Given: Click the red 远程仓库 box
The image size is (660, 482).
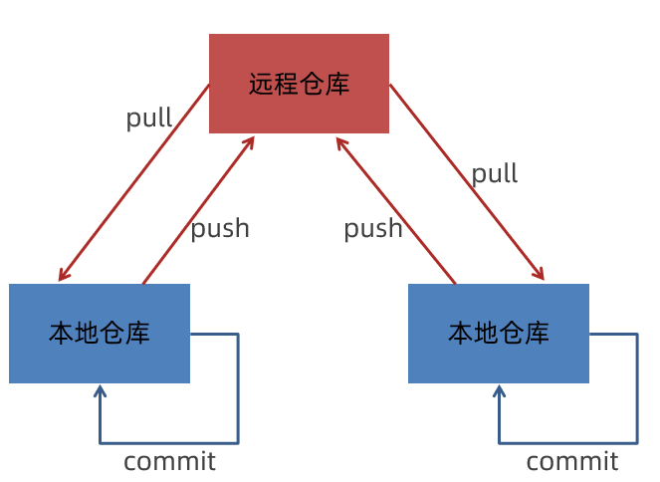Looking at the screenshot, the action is tap(299, 84).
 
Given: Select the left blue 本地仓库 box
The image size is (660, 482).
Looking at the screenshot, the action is tap(100, 334).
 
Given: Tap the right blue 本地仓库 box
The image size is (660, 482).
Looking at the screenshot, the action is tap(499, 334).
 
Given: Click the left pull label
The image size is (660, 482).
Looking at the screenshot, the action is tap(149, 119).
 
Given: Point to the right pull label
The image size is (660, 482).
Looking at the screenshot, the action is tap(495, 174).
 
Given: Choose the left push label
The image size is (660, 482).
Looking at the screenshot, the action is tap(220, 229).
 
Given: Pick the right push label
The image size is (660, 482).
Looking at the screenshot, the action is tap(373, 229).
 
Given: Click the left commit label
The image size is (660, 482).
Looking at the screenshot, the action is tap(169, 461).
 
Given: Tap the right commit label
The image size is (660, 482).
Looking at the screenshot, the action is tap(572, 461).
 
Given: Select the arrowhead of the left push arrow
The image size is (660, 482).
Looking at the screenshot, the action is tap(251, 140).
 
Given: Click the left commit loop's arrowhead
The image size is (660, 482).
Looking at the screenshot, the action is tap(100, 389).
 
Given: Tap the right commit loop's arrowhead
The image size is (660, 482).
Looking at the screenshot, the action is tap(499, 389).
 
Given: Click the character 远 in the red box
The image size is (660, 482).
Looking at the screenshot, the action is tap(261, 84).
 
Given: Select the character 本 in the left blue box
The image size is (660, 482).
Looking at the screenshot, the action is tap(62, 334).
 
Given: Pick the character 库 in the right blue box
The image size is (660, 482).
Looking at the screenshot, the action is tap(537, 334).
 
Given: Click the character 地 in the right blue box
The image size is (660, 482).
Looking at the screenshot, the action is tap(486, 334).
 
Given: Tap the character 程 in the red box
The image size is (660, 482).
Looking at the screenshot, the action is tap(287, 84).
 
